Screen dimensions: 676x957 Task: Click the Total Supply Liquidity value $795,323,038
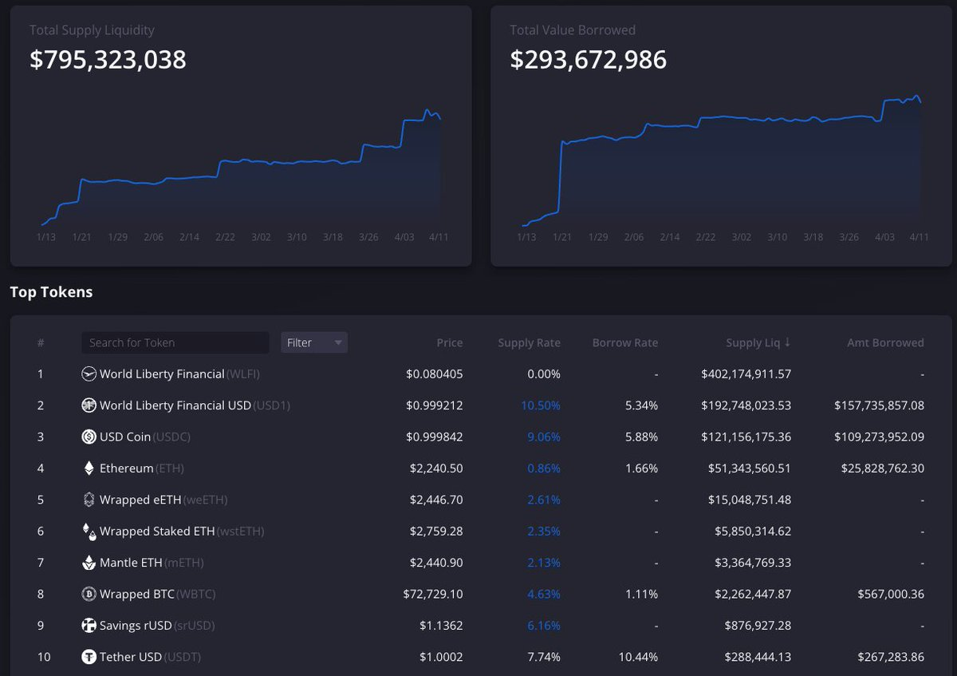tap(108, 60)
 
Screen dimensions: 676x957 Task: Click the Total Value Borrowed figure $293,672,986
tap(588, 60)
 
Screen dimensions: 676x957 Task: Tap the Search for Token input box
tap(175, 342)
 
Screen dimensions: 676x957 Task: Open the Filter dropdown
tap(314, 342)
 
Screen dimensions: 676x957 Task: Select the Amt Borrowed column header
tap(885, 342)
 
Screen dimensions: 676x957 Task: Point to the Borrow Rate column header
tap(624, 342)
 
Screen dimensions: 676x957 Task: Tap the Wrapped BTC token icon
tap(89, 594)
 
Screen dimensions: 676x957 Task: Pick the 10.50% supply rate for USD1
tap(541, 405)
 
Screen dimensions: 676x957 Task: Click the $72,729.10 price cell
tap(433, 594)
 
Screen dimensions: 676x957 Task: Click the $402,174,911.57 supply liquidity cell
tap(746, 374)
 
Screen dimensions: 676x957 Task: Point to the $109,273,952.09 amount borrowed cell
tap(879, 437)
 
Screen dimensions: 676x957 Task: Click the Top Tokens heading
tap(51, 292)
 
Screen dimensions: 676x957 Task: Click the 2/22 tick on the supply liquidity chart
tap(225, 237)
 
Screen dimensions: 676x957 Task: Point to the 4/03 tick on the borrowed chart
tap(884, 237)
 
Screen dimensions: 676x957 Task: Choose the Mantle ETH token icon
tap(89, 563)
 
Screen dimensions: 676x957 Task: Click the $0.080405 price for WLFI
tap(434, 374)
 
